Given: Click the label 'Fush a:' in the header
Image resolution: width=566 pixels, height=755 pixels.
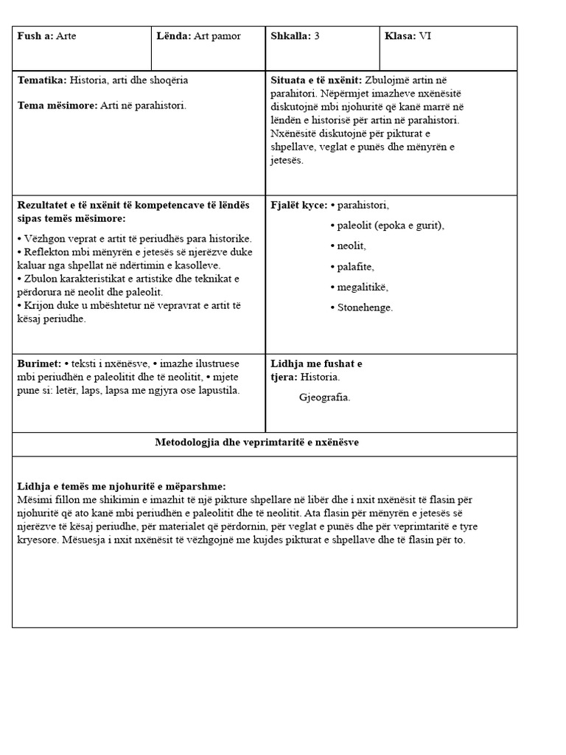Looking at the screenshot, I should (x=35, y=36).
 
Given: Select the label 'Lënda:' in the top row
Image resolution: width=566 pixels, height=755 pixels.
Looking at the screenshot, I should (x=174, y=36).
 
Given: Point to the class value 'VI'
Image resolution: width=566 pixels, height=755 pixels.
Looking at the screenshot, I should (x=425, y=36).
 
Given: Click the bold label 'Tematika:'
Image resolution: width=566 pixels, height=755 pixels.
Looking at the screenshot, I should (x=41, y=80).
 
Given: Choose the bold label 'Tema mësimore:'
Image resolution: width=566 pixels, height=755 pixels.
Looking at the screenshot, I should (x=57, y=105).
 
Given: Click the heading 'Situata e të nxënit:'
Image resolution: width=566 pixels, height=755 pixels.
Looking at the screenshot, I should (x=316, y=80).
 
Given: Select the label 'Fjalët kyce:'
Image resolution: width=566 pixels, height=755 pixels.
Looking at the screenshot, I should (x=298, y=205).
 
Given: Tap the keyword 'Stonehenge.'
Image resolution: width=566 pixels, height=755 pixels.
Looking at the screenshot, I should (x=361, y=307).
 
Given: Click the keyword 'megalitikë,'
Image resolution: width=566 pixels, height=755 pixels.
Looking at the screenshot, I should (x=359, y=287).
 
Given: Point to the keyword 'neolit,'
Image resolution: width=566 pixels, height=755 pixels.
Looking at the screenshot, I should (x=351, y=246).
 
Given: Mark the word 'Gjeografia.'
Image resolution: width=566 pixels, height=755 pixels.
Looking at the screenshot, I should (x=325, y=398).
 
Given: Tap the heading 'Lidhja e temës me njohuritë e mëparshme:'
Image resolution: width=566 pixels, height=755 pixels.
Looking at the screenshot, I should (x=121, y=487).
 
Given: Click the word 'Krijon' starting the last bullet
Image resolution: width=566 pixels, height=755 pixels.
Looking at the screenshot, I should (x=39, y=305).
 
